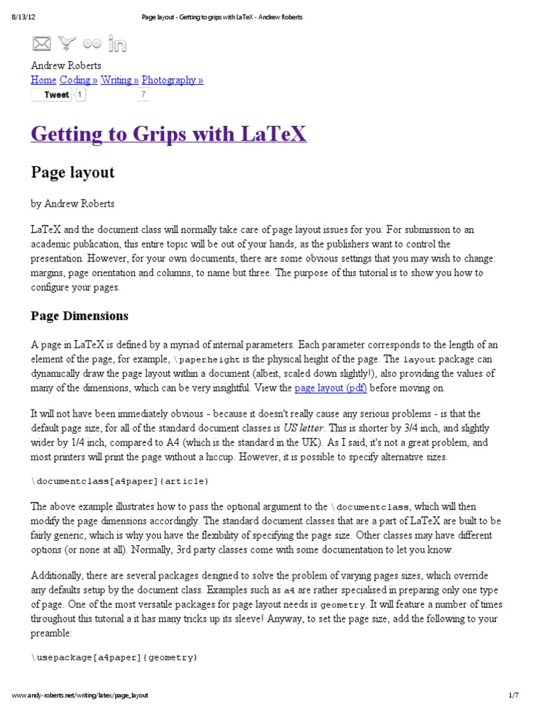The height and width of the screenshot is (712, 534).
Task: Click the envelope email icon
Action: tap(42, 44)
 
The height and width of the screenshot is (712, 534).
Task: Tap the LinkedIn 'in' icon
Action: tap(118, 44)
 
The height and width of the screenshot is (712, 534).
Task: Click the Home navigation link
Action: tap(43, 80)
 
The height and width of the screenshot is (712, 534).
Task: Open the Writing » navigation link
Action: tap(120, 80)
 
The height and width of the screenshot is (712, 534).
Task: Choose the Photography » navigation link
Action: tap(172, 80)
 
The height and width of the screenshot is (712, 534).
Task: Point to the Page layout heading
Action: tap(72, 172)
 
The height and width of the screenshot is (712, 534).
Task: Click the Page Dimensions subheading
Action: tap(79, 316)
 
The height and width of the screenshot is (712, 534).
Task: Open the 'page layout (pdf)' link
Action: tap(331, 388)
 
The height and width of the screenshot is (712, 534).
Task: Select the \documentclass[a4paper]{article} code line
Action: tap(120, 481)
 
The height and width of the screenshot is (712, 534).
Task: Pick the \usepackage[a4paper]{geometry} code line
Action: tap(114, 657)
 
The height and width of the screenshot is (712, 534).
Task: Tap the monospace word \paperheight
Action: tap(207, 360)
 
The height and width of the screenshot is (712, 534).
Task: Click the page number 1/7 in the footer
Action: tap(514, 695)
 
